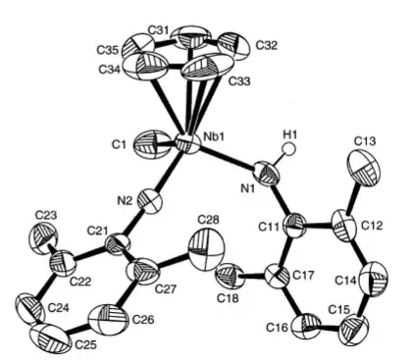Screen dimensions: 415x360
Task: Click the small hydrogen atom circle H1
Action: (286, 152)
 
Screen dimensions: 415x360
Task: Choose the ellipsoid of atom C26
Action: (104, 319)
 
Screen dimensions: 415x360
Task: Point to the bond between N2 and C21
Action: (135, 220)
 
